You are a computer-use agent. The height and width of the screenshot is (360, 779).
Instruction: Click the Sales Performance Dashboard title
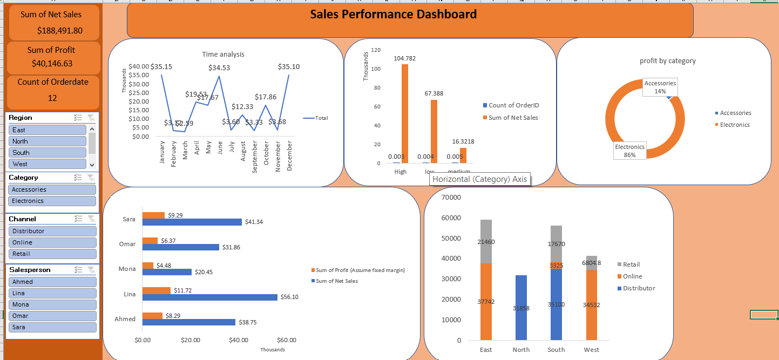point(393,15)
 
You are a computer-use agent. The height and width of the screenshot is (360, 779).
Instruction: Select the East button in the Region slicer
point(48,130)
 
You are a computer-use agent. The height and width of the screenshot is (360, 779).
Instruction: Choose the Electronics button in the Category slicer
point(52,201)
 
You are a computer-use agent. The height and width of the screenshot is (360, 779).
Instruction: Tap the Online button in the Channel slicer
point(52,242)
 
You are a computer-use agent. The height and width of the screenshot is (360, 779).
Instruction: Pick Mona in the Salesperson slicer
point(52,304)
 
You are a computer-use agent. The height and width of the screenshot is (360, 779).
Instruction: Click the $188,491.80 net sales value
point(59,30)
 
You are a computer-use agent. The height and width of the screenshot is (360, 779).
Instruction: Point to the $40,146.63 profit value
point(52,64)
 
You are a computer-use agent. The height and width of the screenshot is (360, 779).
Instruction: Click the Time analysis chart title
point(223,54)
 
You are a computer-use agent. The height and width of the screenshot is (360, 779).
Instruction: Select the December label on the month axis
point(290,156)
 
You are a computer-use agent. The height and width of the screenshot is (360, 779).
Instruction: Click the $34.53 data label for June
point(219,68)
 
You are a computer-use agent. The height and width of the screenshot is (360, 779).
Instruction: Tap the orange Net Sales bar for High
point(404,113)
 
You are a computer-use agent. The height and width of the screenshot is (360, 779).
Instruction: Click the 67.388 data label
point(433,93)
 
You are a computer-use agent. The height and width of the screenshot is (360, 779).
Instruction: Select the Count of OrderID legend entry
point(513,105)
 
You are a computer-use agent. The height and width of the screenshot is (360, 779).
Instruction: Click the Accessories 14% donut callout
point(660,87)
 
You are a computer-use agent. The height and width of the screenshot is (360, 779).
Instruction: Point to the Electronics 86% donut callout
point(629,151)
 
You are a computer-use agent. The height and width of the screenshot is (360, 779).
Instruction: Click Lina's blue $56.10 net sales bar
point(209,297)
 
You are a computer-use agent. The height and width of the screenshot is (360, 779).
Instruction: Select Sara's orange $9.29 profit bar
point(153,215)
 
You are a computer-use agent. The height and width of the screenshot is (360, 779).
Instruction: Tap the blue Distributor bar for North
point(521,308)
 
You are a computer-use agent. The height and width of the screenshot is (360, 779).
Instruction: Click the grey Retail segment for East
point(486,241)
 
